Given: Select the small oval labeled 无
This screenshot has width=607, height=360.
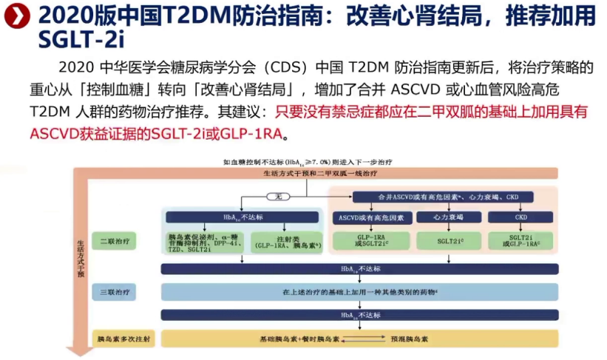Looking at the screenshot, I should (x=279, y=197).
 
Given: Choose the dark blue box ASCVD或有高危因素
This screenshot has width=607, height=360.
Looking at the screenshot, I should (x=370, y=217).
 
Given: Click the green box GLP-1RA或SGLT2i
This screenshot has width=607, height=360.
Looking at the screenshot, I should (x=370, y=241).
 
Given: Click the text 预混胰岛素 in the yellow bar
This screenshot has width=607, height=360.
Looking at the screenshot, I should (x=409, y=339).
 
